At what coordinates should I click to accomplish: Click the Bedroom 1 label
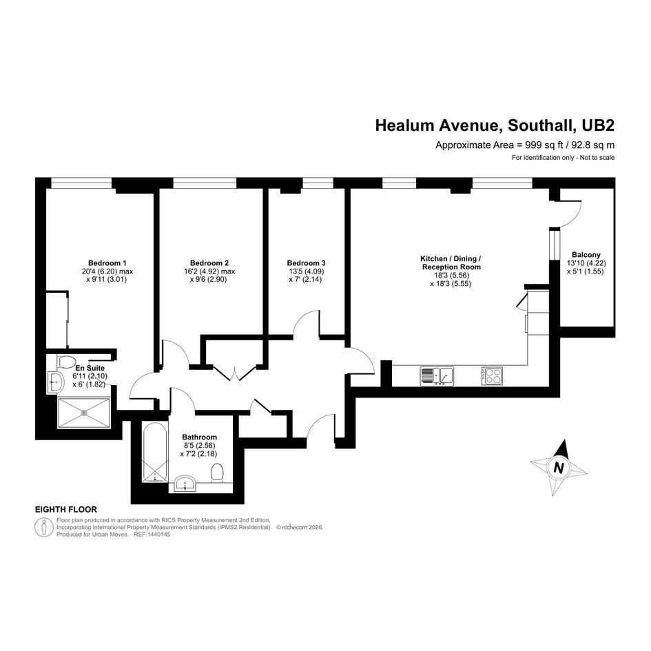107,262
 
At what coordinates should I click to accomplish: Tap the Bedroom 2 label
209,262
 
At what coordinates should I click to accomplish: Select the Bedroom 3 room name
306,262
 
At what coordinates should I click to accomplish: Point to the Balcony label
586,255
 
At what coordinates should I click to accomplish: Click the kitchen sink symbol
437,375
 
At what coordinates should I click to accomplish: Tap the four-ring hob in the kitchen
492,375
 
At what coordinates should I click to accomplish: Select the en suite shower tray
84,413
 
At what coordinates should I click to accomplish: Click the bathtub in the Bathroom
155,452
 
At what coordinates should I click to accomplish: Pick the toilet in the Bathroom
217,473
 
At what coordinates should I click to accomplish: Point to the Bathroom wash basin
185,484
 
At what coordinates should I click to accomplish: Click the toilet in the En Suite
66,361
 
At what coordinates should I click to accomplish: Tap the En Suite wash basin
55,381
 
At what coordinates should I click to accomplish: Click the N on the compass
559,468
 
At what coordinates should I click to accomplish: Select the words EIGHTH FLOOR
66,509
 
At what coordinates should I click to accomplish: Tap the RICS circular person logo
43,527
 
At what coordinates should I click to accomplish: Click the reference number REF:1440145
152,535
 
